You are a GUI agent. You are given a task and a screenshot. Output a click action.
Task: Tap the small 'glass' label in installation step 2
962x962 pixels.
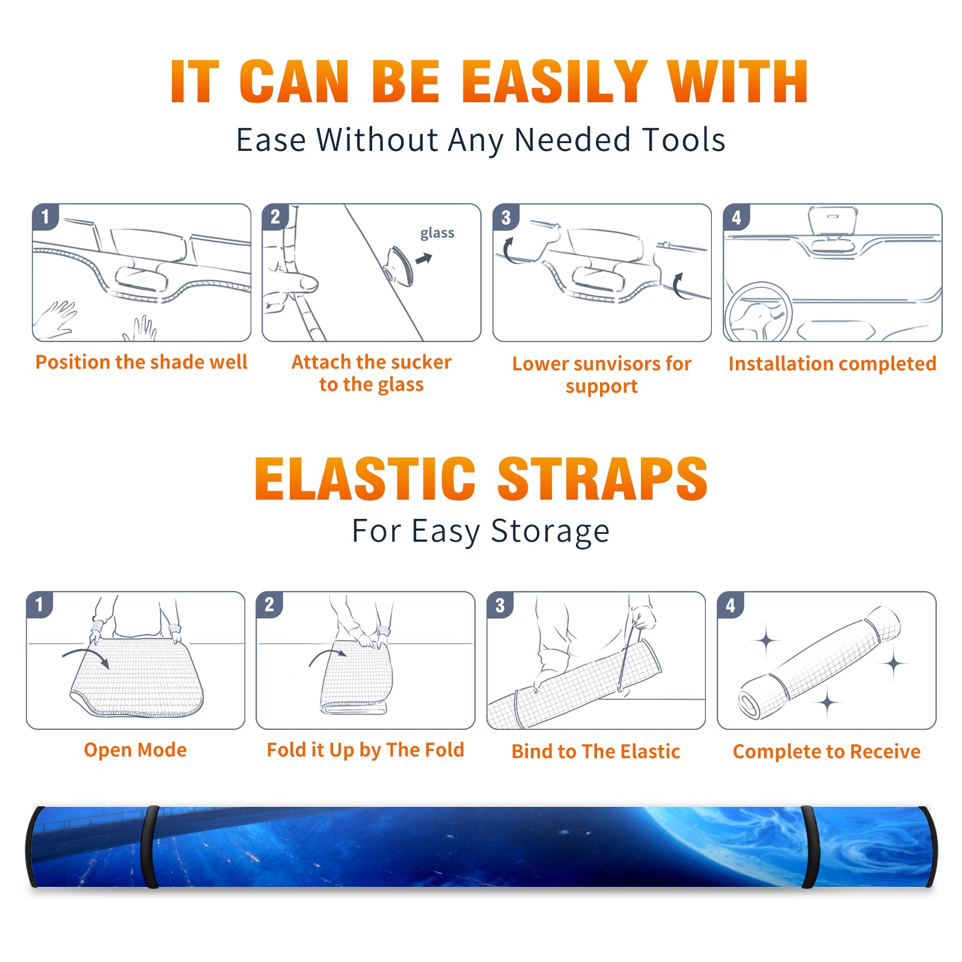coord(437,233)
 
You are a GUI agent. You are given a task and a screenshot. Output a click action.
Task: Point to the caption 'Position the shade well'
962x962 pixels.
coord(141,362)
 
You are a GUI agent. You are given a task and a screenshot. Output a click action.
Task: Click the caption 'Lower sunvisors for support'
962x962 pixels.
coord(602,375)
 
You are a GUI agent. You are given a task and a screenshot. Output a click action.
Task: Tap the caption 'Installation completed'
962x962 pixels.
coord(832,363)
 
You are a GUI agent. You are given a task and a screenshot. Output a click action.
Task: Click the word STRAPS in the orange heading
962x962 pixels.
coord(602,479)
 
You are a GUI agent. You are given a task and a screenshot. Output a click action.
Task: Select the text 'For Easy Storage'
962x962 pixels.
coord(481,531)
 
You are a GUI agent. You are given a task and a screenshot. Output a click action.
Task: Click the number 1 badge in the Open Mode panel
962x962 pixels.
coord(40,604)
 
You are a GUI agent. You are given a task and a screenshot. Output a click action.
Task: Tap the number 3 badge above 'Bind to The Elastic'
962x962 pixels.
coord(500,605)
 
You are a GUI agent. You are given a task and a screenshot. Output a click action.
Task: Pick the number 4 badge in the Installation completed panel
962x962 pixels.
coord(737,217)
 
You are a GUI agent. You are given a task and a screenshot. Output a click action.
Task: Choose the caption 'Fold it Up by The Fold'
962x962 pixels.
coord(366,750)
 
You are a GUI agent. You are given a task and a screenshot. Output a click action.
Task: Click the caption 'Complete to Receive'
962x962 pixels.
coord(827,752)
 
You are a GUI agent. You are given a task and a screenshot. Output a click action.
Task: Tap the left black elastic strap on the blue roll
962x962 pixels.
coord(150,847)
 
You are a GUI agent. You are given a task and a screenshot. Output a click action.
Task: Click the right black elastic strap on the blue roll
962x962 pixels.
coord(809,847)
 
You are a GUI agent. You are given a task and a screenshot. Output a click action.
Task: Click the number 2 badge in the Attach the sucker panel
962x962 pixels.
coord(275,217)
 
